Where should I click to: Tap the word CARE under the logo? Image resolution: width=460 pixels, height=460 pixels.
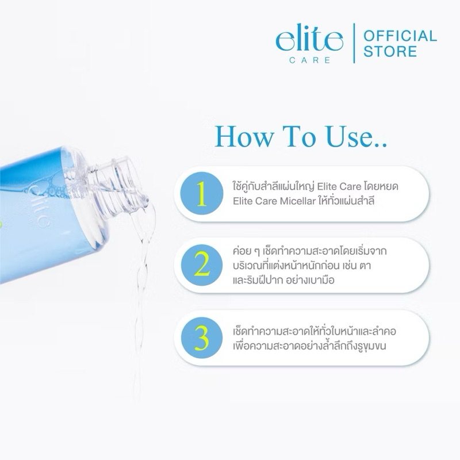click(310, 60)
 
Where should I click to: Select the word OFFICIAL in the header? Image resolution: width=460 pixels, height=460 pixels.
click(400, 36)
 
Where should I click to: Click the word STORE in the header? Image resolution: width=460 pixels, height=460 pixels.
click(390, 51)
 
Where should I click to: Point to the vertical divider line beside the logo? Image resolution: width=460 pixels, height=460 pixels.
click(354, 43)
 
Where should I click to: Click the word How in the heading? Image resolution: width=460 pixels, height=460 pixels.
click(244, 136)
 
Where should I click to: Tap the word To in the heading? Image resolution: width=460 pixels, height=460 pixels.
click(299, 136)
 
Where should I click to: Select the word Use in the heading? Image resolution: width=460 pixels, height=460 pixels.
click(351, 136)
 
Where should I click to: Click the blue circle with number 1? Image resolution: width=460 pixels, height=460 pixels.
click(202, 193)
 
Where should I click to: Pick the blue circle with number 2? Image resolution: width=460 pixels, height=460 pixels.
click(202, 265)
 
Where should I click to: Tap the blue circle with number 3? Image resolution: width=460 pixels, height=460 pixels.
click(202, 338)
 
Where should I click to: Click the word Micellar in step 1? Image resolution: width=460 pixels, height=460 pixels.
click(297, 201)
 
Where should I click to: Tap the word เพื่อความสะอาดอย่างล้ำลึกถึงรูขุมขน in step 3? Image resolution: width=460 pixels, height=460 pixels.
click(309, 346)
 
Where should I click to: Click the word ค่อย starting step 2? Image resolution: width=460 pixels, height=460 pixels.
click(243, 251)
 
